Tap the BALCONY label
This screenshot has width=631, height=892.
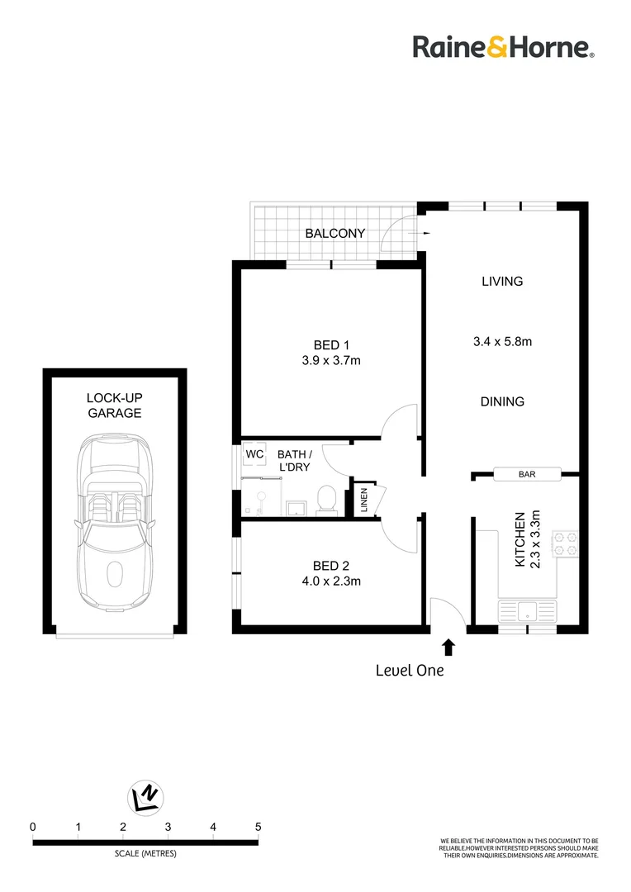334,234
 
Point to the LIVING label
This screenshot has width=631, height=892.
502,281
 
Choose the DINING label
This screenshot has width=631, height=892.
502,401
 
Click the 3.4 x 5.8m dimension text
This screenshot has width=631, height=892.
502,340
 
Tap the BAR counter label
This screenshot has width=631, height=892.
527,474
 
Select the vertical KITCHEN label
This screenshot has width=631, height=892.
520,539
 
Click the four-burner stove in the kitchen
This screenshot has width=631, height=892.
565,541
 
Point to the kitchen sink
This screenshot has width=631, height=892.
526,612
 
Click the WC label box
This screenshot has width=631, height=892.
254,454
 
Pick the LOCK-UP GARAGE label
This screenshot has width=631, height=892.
115,405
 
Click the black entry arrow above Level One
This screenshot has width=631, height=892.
448,647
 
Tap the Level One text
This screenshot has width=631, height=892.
410,671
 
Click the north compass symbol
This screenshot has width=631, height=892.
145,797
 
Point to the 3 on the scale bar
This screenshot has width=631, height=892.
168,826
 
